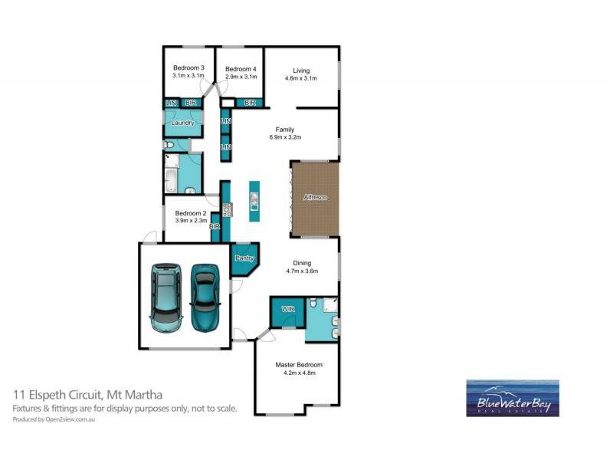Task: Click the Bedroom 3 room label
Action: coord(188,67)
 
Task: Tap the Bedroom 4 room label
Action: coord(240,69)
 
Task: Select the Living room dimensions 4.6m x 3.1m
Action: coord(300,78)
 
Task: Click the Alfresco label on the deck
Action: coord(315,198)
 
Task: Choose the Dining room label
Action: coord(301,262)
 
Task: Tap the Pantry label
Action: coord(244,258)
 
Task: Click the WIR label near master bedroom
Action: coord(287,309)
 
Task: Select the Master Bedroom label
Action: coord(299,365)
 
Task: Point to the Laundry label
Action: coord(182,123)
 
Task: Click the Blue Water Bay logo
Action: coord(513,398)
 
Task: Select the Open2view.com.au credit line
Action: coord(64,419)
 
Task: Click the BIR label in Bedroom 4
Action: coord(249,103)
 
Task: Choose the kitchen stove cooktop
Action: coord(227,209)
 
